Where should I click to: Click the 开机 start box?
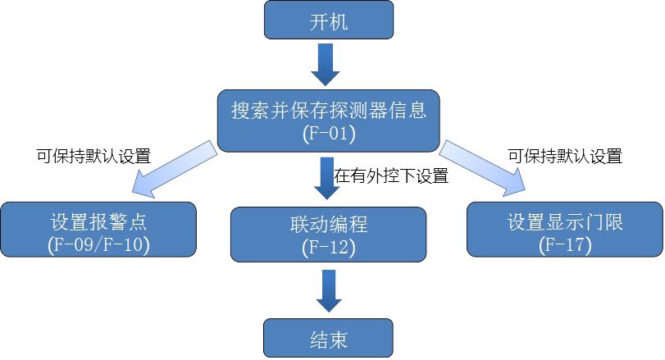point(329,20)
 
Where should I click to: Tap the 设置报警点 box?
point(99,231)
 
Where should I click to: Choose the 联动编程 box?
point(329,234)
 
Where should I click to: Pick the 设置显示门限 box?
point(565,231)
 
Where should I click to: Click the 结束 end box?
point(329,337)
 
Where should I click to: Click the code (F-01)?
point(329,133)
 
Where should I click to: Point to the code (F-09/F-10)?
point(99,244)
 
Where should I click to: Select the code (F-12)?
point(329,246)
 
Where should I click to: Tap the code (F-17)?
point(565,244)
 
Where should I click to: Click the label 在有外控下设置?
point(390,175)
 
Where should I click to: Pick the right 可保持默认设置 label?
point(565,155)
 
